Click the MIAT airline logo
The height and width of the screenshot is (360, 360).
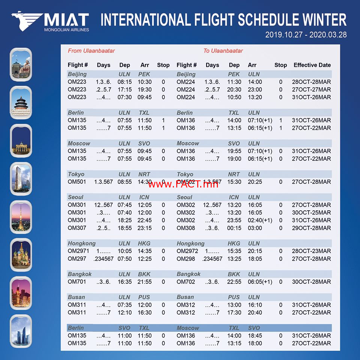pos(50,21)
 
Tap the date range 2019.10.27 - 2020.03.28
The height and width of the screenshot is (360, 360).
pos(306,34)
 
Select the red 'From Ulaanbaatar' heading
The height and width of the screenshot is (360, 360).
pos(91,51)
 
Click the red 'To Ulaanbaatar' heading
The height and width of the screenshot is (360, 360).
pos(223,51)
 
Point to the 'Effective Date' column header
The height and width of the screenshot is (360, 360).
pos(312,65)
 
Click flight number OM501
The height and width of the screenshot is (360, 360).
pos(76,182)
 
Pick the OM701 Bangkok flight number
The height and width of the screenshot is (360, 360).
pos(76,282)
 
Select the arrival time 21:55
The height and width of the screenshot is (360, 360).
pos(144,282)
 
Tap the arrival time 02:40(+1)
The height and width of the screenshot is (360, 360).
pos(260,220)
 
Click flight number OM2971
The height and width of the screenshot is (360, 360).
pos(78,251)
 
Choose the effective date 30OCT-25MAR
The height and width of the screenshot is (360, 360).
pos(311,213)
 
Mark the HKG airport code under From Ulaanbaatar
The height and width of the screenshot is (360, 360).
pos(144,243)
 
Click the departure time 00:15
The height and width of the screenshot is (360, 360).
pos(234,228)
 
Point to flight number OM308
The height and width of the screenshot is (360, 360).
pos(186,228)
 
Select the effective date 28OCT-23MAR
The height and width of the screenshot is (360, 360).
pos(311,251)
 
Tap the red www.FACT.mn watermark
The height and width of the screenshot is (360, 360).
pos(183,184)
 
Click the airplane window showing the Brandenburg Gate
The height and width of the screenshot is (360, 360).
pos(21,141)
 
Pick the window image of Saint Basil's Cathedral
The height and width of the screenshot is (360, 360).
pos(21,255)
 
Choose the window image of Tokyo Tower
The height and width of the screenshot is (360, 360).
pos(21,217)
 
